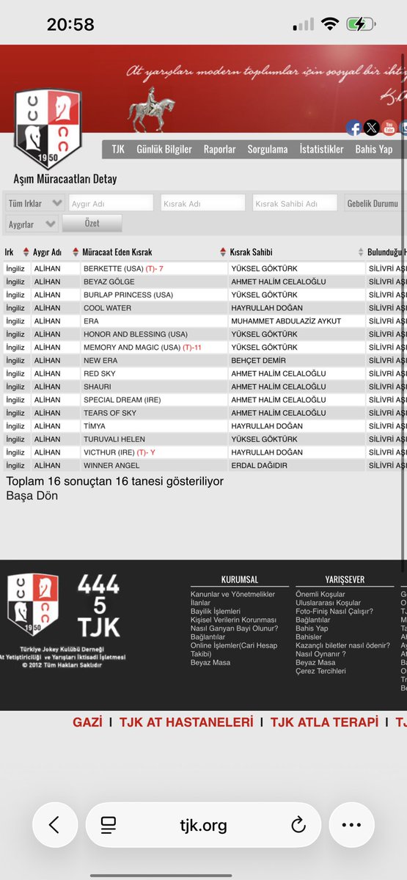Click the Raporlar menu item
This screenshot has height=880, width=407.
(219, 149)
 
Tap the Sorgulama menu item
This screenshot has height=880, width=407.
(267, 149)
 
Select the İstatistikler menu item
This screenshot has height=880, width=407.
(321, 149)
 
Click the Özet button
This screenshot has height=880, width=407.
(92, 223)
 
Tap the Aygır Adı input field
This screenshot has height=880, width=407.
(111, 203)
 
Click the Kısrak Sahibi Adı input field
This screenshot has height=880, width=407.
(294, 203)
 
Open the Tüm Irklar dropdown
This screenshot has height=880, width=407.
(34, 203)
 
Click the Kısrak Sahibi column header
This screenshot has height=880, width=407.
(252, 252)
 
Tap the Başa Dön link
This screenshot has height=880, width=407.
(32, 495)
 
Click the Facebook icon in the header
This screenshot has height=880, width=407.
(354, 128)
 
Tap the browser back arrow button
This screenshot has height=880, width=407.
(54, 825)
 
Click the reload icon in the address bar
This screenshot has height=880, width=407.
(298, 825)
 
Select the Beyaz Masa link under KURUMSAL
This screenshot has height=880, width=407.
(210, 662)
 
